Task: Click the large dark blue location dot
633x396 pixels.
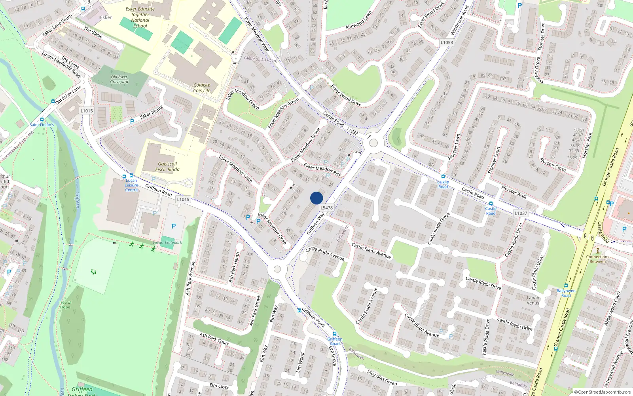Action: pyautogui.click(x=316, y=198)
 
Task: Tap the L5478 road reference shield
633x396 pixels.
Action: pyautogui.click(x=326, y=208)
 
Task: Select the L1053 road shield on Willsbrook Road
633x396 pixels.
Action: pyautogui.click(x=447, y=42)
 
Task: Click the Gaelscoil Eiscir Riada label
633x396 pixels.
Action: pyautogui.click(x=167, y=167)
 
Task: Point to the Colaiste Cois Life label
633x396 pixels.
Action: pyautogui.click(x=202, y=88)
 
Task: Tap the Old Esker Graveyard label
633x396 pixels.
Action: pyautogui.click(x=119, y=79)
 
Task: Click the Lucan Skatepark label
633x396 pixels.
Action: pyautogui.click(x=167, y=242)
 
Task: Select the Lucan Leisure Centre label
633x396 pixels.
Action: pyautogui.click(x=131, y=185)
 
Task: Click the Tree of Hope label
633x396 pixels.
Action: pyautogui.click(x=65, y=305)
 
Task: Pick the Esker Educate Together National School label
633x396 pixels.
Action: pyautogui.click(x=140, y=17)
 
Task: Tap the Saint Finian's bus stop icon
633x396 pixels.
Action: pyautogui.click(x=42, y=119)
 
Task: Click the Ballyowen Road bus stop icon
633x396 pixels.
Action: pyautogui.click(x=566, y=285)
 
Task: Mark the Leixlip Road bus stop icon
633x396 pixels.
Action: pyautogui.click(x=443, y=177)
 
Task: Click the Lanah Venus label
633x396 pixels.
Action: pyautogui.click(x=533, y=300)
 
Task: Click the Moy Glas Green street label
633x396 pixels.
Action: pyautogui.click(x=382, y=378)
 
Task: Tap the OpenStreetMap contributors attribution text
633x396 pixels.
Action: pyautogui.click(x=603, y=392)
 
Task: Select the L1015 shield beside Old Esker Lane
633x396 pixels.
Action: pyautogui.click(x=87, y=111)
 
